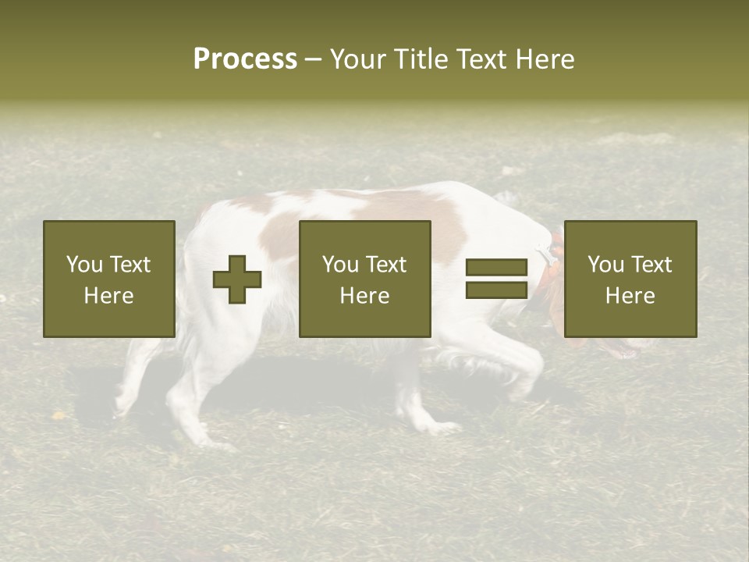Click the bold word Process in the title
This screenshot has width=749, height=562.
click(245, 59)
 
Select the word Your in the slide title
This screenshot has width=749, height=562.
click(357, 59)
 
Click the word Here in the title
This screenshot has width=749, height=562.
click(545, 59)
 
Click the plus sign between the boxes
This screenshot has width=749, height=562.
click(237, 279)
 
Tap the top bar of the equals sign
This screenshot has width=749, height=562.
click(496, 268)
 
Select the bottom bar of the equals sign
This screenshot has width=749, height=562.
click(496, 290)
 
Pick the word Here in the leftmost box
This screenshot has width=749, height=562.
click(108, 296)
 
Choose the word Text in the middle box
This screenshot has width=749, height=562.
click(386, 265)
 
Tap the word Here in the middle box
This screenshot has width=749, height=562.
click(364, 296)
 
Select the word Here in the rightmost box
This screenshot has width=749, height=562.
click(630, 296)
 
